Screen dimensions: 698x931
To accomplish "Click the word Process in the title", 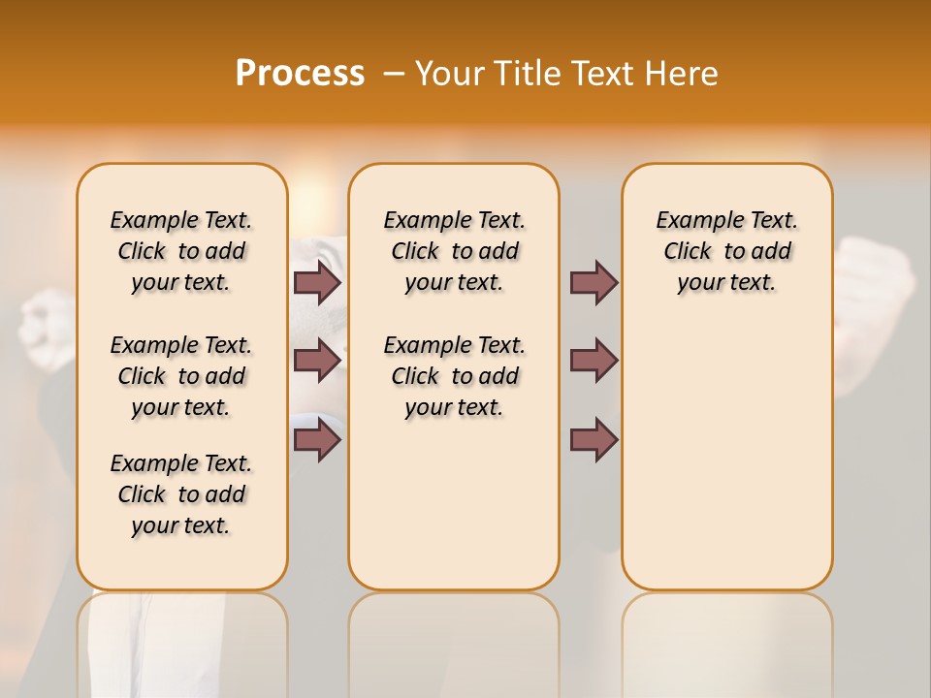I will [300, 74].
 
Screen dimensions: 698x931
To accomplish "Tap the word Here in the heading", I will [683, 74].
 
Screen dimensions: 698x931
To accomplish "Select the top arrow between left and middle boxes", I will [317, 282].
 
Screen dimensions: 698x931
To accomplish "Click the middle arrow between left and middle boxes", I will [317, 361].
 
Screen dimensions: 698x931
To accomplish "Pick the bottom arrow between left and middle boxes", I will [317, 440].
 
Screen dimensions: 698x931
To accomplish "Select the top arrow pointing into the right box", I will [594, 282].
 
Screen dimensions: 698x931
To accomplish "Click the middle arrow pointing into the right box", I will [594, 361].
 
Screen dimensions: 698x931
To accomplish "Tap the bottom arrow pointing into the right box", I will [594, 440].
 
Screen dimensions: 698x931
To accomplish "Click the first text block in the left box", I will [181, 251].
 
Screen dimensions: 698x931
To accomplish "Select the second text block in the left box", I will [181, 376].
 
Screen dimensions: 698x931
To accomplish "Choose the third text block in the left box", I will [181, 494].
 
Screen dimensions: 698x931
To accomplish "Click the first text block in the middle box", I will [454, 251].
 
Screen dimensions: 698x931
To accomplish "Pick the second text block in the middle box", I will [454, 376].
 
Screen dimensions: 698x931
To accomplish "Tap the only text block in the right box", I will [726, 251].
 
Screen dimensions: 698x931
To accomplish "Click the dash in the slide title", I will [394, 74].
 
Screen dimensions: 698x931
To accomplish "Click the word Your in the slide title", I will [448, 74].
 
